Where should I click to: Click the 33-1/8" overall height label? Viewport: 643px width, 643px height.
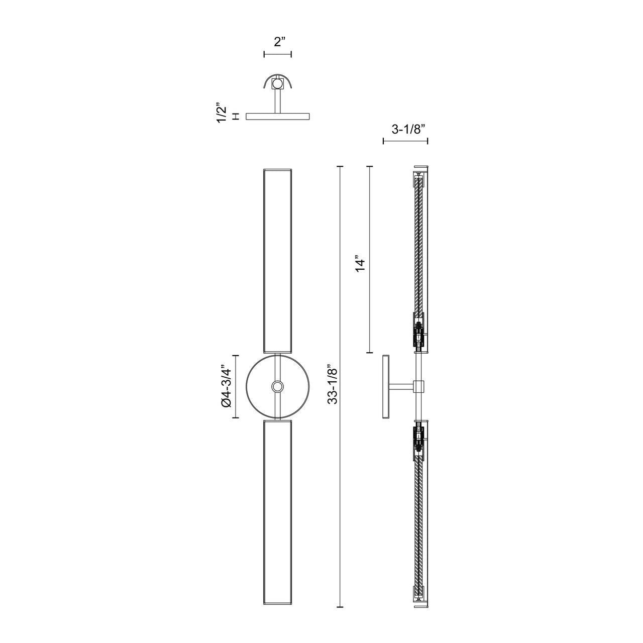coord(333,386)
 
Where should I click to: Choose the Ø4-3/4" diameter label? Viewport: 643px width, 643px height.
coord(226,387)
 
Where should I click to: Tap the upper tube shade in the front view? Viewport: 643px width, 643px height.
coord(278,261)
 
